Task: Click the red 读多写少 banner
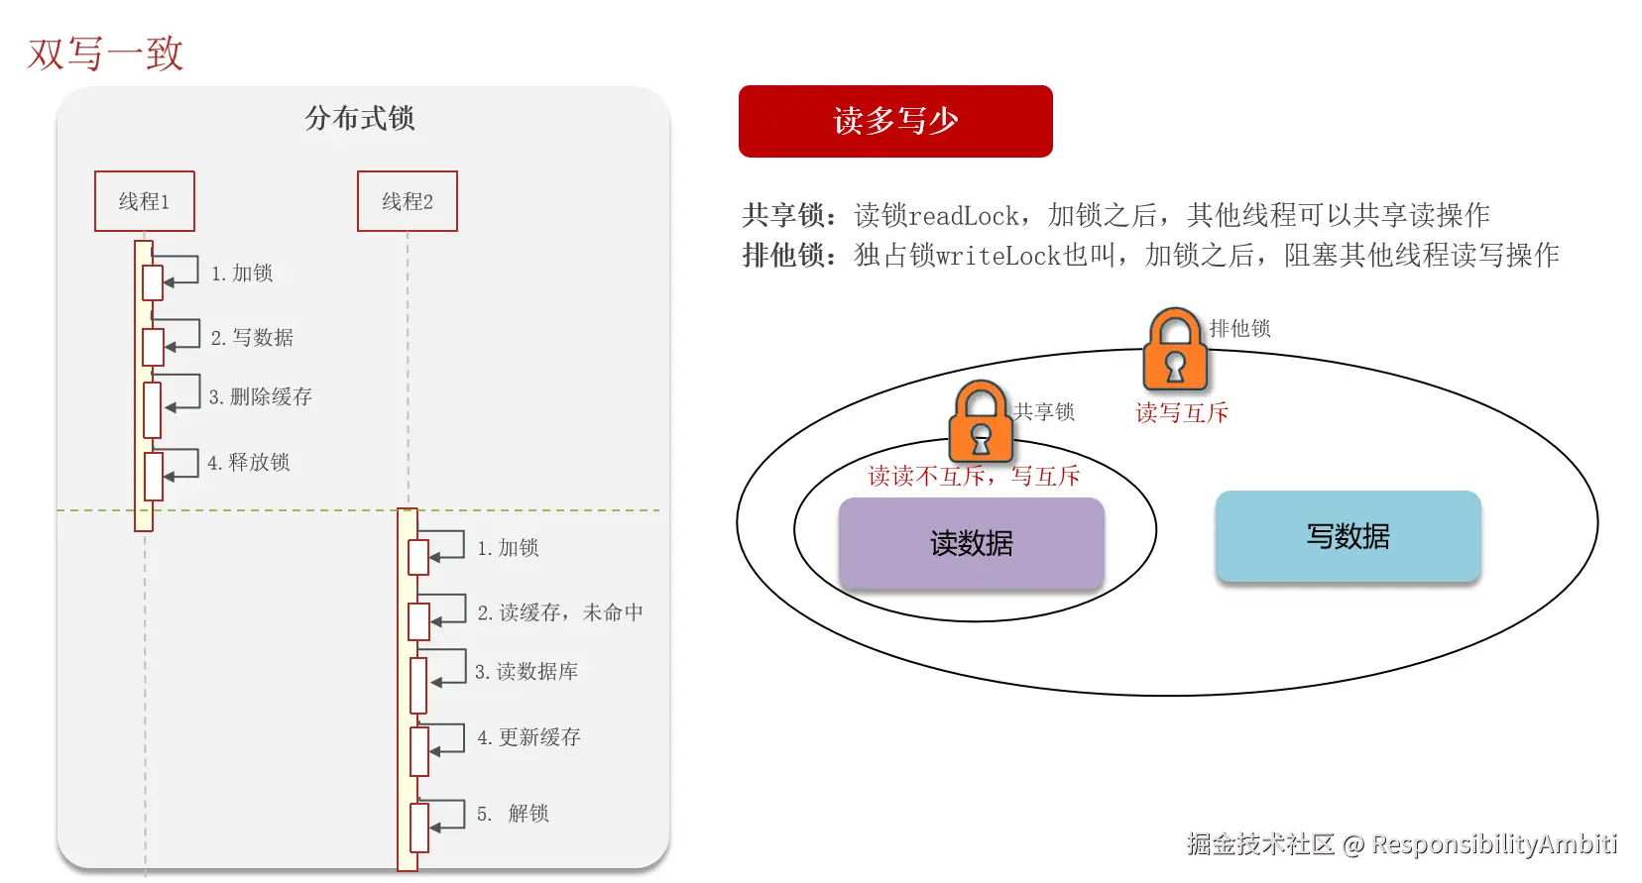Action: (x=894, y=121)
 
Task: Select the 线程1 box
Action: (x=145, y=201)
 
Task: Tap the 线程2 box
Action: (x=408, y=201)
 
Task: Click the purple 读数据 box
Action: (x=971, y=543)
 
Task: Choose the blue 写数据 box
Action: (x=1348, y=536)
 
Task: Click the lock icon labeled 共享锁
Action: (x=981, y=422)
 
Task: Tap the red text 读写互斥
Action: (x=1181, y=413)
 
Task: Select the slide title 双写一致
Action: (x=106, y=54)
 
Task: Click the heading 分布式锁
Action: (x=360, y=119)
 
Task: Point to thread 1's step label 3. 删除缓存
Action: (x=261, y=397)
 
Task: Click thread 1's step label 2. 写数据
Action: (x=253, y=338)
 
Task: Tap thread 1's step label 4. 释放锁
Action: (x=249, y=463)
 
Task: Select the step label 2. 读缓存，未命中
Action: (x=560, y=612)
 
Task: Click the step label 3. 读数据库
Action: (x=527, y=672)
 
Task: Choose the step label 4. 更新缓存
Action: (x=528, y=737)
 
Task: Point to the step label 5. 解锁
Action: (x=513, y=814)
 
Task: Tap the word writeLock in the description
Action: (x=998, y=256)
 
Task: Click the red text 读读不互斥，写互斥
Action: (x=974, y=477)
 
